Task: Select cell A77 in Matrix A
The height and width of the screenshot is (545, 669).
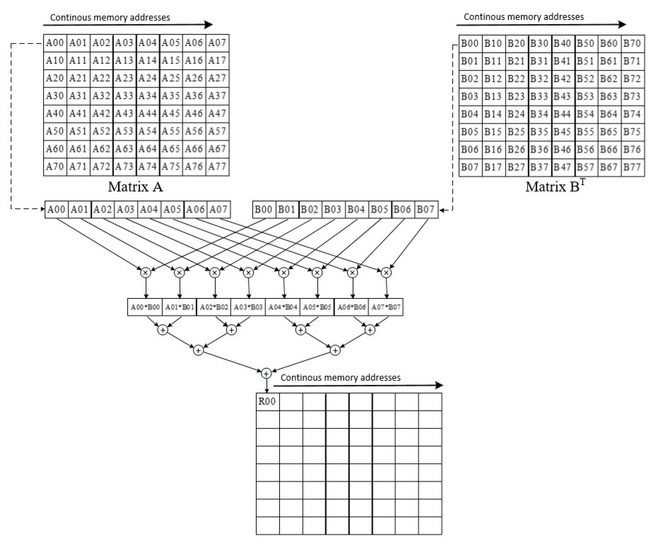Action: point(217,166)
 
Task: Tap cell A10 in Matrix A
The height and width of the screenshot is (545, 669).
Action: point(55,60)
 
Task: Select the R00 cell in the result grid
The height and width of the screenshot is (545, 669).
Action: point(267,401)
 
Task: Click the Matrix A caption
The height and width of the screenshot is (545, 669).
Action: point(135,187)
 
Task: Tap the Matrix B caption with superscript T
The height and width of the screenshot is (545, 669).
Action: point(555,186)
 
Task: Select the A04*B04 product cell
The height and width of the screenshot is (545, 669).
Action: point(283,307)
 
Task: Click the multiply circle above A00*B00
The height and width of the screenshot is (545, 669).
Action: point(146,272)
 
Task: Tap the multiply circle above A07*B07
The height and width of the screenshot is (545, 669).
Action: point(386,272)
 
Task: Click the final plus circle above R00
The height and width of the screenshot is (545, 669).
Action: point(266,373)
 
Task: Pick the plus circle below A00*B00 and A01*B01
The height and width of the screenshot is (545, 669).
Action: point(163,330)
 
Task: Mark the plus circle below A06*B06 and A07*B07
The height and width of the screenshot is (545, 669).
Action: point(370,330)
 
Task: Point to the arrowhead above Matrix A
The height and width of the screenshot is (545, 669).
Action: point(209,25)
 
